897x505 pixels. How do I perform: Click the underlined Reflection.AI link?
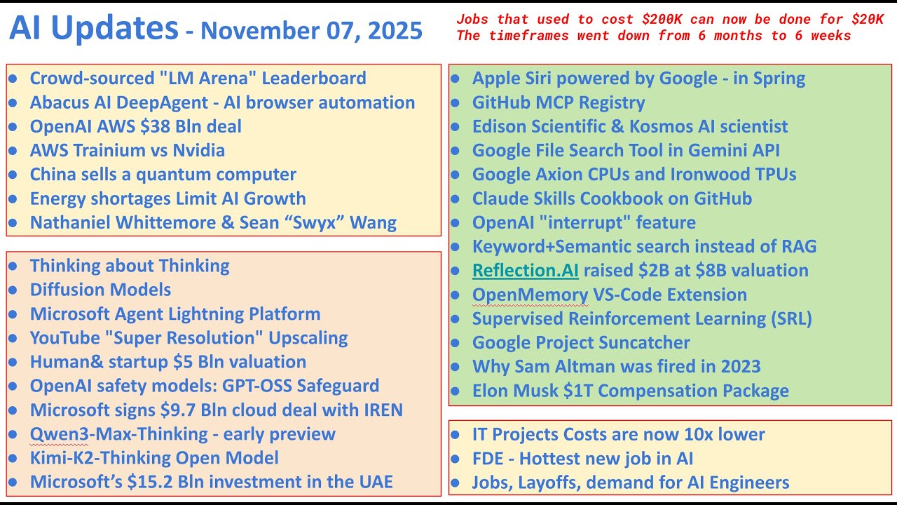click(x=526, y=270)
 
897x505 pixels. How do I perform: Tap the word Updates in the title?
click(x=115, y=29)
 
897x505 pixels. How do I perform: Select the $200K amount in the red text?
click(x=662, y=19)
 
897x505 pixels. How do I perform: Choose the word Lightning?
click(x=205, y=314)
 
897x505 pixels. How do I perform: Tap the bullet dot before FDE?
click(x=455, y=459)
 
